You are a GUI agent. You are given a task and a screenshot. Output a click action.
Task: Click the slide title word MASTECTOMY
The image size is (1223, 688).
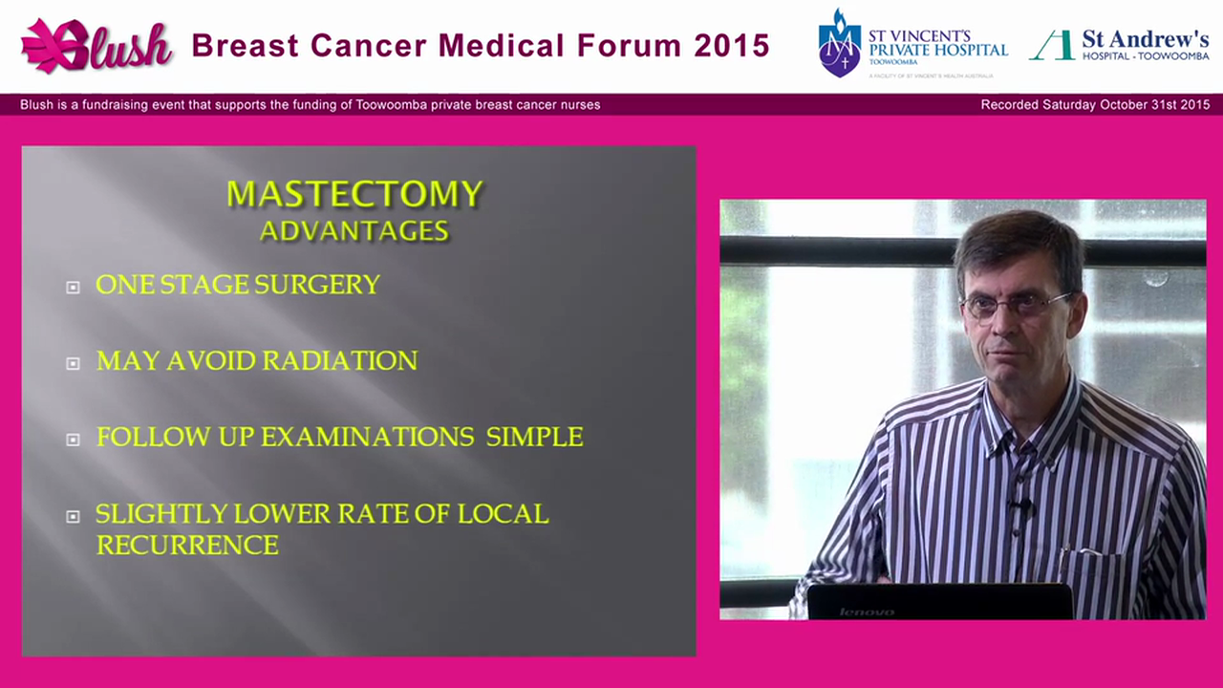point(354,194)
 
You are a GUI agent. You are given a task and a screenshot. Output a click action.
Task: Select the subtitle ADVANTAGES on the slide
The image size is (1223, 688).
point(354,231)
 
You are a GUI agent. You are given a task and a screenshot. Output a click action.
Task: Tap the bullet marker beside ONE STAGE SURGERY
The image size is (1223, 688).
point(73,287)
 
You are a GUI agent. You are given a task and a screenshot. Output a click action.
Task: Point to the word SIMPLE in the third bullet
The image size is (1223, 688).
point(534,438)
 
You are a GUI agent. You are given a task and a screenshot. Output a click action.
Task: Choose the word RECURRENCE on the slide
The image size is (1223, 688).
point(187,546)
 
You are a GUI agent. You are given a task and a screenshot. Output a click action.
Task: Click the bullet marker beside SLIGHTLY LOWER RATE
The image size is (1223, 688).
point(73,516)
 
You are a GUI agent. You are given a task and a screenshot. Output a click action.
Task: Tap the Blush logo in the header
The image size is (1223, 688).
point(97,46)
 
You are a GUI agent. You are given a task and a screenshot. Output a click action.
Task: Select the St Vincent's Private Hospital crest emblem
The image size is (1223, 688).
point(839,44)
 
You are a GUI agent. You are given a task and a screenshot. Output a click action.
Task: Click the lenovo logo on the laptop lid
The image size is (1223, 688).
point(867,612)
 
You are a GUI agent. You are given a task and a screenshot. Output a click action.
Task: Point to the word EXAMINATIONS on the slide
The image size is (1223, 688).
point(368,438)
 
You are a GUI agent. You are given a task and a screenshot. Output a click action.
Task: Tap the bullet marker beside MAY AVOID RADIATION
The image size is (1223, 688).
point(73,363)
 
